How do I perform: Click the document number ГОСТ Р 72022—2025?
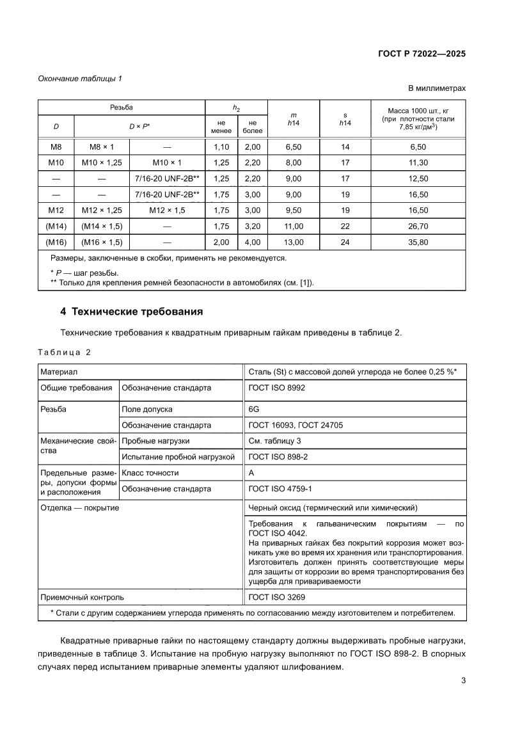click(x=420, y=54)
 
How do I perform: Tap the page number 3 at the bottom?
click(x=463, y=681)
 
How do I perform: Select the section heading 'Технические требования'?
click(x=131, y=312)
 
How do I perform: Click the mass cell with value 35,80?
click(x=418, y=243)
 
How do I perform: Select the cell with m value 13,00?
click(x=294, y=243)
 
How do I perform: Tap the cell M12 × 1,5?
click(x=165, y=211)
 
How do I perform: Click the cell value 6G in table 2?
click(x=254, y=409)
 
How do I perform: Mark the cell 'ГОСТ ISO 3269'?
click(x=276, y=597)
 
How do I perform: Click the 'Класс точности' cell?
click(x=150, y=473)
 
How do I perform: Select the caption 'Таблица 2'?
click(x=65, y=353)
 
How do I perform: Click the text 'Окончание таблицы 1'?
click(x=80, y=78)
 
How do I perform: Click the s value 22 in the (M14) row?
click(x=346, y=227)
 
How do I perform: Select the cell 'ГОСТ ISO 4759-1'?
click(x=280, y=489)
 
